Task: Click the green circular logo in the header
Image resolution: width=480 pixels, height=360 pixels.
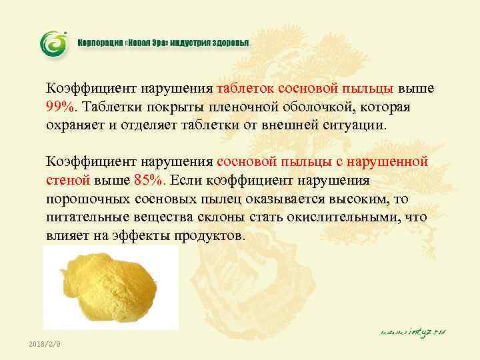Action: click(x=54, y=43)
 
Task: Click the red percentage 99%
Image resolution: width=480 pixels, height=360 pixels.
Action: click(x=59, y=107)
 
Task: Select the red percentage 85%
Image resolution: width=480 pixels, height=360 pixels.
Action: click(x=150, y=180)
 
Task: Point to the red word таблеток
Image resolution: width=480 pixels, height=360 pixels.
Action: click(x=245, y=88)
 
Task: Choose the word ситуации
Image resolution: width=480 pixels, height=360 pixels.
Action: click(x=355, y=125)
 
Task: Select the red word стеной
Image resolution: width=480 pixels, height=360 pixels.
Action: click(x=67, y=180)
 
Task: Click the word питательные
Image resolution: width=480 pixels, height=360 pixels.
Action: click(x=86, y=217)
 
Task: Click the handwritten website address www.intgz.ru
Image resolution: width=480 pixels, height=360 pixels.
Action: click(x=413, y=331)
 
